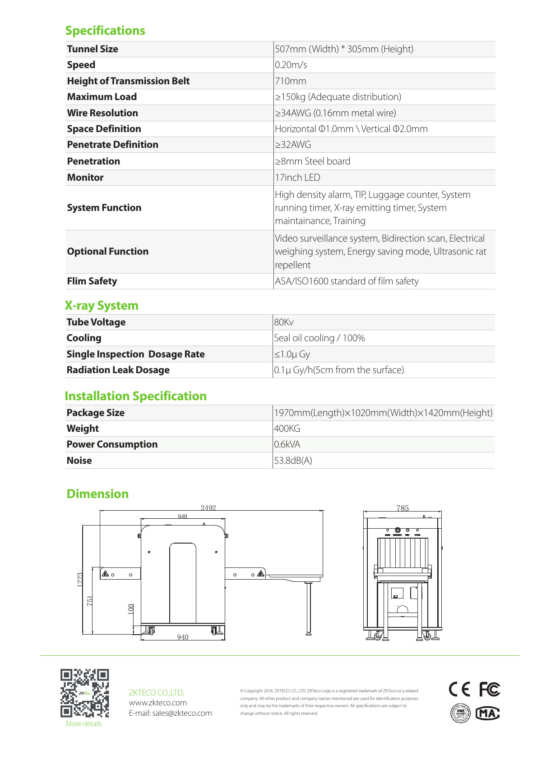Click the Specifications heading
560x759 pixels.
105,31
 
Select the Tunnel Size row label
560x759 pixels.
93,49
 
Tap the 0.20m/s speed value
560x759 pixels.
291,65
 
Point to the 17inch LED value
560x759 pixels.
297,178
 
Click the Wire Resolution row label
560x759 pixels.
102,113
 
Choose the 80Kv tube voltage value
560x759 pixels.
283,322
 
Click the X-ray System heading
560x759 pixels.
102,306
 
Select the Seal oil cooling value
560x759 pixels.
319,338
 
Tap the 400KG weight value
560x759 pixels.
287,429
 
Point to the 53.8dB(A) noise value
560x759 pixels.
293,461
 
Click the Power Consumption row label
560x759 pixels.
112,444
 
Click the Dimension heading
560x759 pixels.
97,494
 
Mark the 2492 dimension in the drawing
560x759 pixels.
208,508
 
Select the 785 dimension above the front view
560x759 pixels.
403,508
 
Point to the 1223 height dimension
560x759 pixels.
80,579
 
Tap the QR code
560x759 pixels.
85,693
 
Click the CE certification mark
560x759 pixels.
459,690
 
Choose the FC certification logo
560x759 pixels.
489,690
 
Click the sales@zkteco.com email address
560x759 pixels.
182,713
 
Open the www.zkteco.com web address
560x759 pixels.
157,703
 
